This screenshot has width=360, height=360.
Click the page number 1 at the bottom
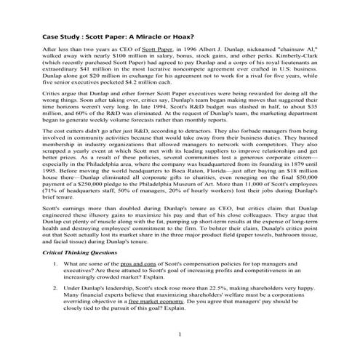[x=180, y=334]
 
